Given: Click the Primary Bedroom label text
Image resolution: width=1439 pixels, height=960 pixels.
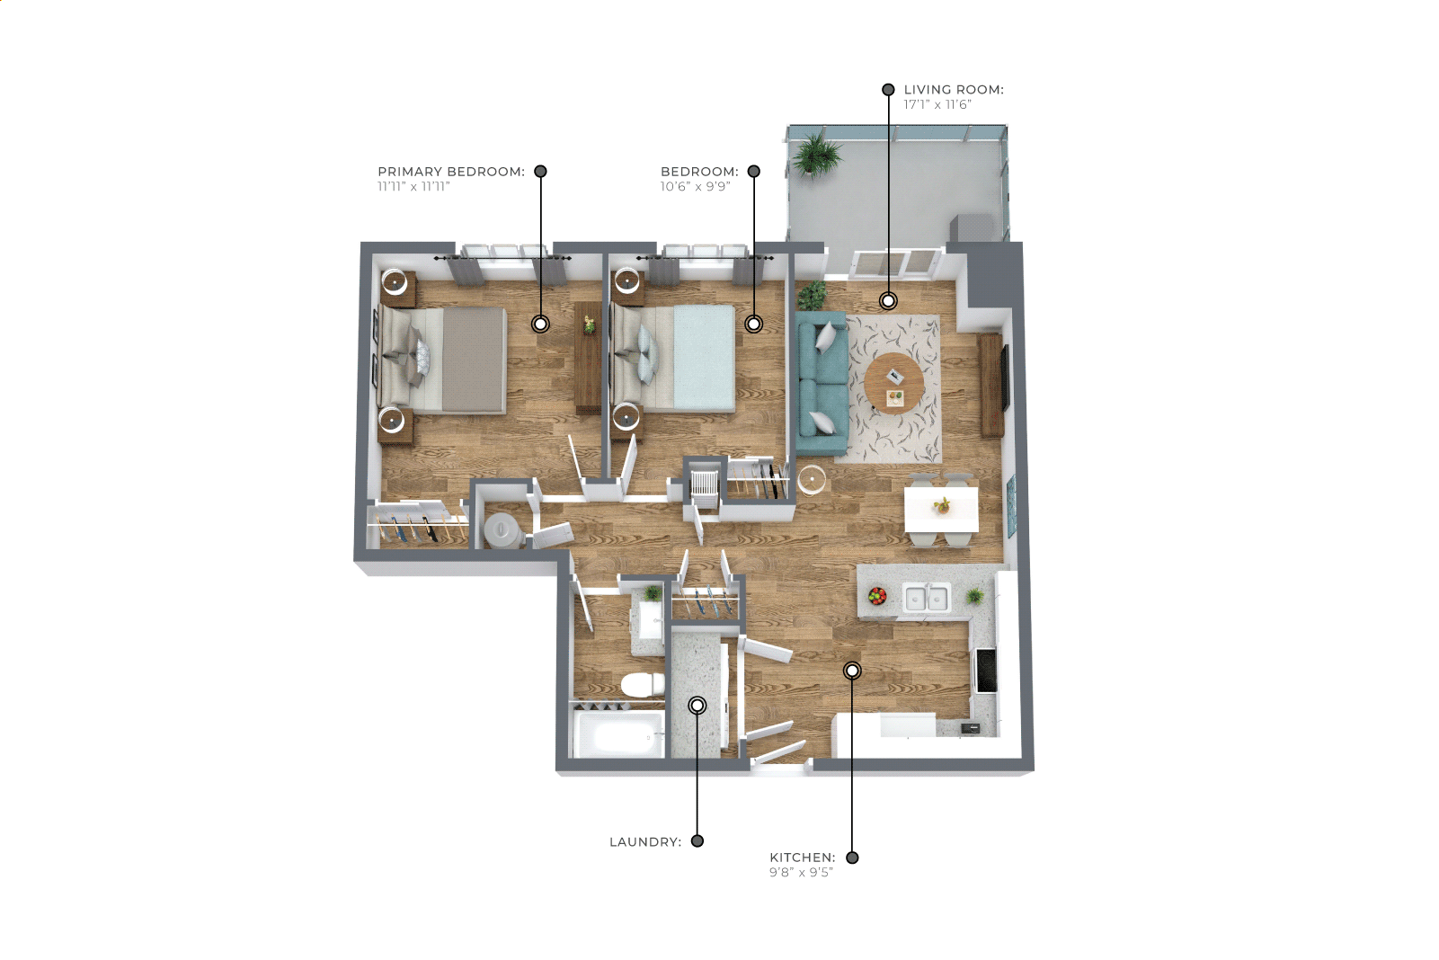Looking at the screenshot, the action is point(451,172).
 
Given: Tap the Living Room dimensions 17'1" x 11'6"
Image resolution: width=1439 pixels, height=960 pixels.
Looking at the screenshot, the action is point(937,105).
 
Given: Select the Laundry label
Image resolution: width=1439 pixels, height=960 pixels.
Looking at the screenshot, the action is point(645,841).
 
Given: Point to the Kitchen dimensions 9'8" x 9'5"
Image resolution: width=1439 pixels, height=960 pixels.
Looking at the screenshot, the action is point(801,872).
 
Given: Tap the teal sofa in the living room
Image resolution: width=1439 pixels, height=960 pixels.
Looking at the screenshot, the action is point(823,384).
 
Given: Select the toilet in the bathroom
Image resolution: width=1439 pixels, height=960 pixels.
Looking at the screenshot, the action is point(643,684).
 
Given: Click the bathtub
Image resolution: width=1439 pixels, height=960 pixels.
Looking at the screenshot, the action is point(618,734).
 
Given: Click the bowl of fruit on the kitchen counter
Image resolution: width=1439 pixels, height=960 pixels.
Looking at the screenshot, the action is point(877,596).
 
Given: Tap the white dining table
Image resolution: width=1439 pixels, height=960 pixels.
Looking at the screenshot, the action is point(941,510).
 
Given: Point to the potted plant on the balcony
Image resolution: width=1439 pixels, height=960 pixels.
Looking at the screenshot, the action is point(816,155).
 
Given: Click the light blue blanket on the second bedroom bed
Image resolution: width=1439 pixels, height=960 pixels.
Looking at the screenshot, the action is point(704,358).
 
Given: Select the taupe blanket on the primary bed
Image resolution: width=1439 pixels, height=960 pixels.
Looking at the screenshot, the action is point(474,360).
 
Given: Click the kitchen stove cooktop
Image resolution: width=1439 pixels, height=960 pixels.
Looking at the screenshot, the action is point(986,671).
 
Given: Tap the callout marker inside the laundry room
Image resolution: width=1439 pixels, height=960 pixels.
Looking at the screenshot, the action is point(697,706).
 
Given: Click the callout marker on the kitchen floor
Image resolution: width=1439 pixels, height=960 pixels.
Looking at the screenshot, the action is point(852,671).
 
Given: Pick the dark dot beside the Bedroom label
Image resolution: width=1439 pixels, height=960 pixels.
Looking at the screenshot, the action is point(754,172).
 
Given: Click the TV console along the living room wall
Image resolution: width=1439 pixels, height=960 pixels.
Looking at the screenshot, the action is point(991,385).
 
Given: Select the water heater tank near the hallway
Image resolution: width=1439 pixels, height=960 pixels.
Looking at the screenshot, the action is point(501,530).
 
